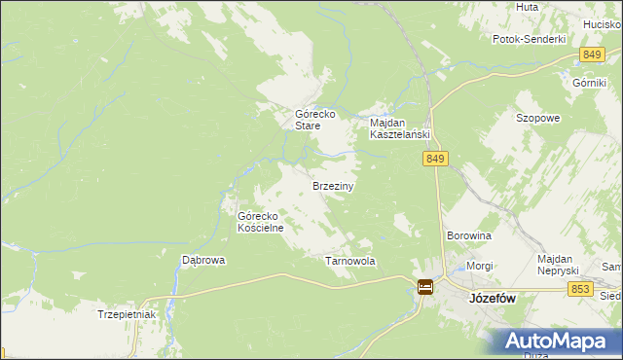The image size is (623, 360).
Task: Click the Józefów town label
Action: pos(492,300)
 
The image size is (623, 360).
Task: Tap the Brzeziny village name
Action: pos(332,185)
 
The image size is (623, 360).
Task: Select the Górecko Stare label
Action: pos(315,120)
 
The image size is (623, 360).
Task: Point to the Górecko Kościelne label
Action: pos(261,222)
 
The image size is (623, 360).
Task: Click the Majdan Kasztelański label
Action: pos(400,129)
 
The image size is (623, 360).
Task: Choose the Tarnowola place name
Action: pos(349,262)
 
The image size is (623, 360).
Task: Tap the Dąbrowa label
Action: pos(204,261)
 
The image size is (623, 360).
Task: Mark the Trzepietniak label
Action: pos(127,315)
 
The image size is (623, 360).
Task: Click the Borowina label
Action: pos(468,236)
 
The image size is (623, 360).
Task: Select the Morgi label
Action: pos(479,266)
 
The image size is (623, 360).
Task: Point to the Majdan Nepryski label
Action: pos(559,264)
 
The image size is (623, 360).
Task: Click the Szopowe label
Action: pos(537,118)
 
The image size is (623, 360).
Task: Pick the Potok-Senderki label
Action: pos(530,39)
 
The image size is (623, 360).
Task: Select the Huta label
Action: pos(528,7)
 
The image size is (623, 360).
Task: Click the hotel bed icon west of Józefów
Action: pos(425,286)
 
